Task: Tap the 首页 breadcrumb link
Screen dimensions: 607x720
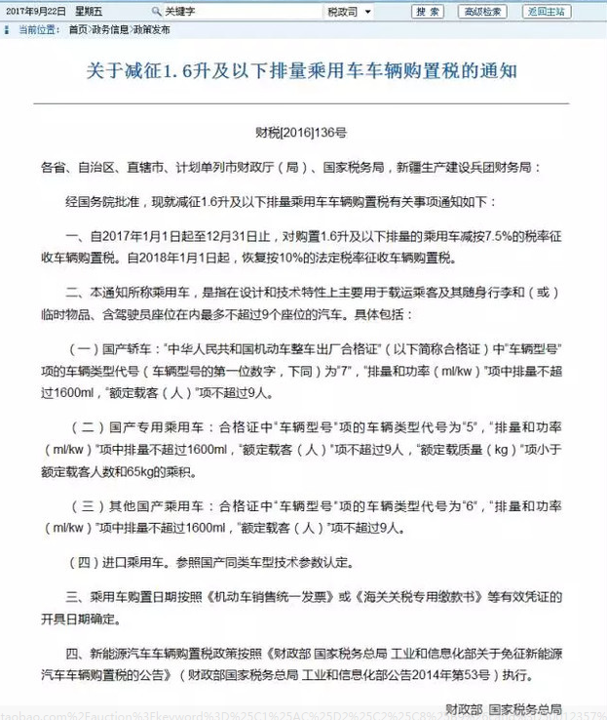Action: coord(78,30)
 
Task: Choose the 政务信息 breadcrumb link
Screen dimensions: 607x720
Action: coord(109,30)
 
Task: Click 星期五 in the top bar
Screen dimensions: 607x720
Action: coord(91,12)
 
